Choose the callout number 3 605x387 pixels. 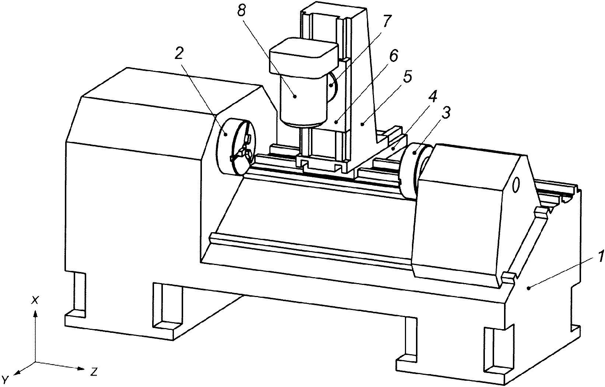(x=446, y=113)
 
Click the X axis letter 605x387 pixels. (x=35, y=300)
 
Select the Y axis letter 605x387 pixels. (x=6, y=379)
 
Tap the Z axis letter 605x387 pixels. (x=94, y=372)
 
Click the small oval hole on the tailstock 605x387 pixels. (x=516, y=185)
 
